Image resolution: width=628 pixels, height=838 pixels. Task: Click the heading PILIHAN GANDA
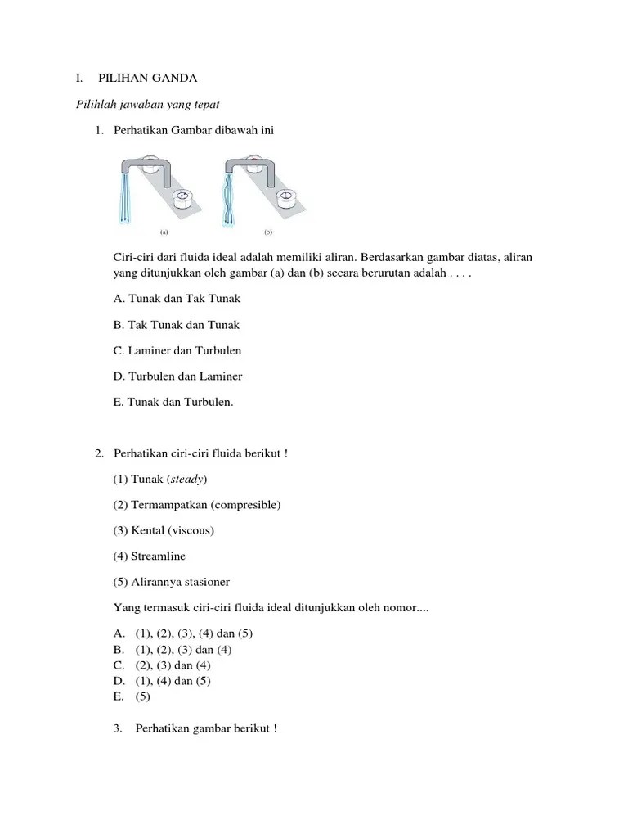(x=148, y=79)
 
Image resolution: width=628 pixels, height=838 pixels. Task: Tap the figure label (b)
(x=267, y=232)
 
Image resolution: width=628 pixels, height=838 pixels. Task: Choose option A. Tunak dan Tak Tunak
(x=177, y=299)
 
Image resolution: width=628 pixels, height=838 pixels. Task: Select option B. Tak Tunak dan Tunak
(x=177, y=325)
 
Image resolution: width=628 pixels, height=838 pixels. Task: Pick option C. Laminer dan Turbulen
(x=177, y=350)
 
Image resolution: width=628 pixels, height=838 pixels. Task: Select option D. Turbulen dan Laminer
(x=177, y=376)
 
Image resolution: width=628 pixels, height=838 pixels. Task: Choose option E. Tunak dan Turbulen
(x=173, y=402)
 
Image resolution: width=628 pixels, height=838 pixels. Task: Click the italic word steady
(x=188, y=479)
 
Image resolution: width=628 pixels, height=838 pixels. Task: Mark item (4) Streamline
(x=150, y=556)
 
